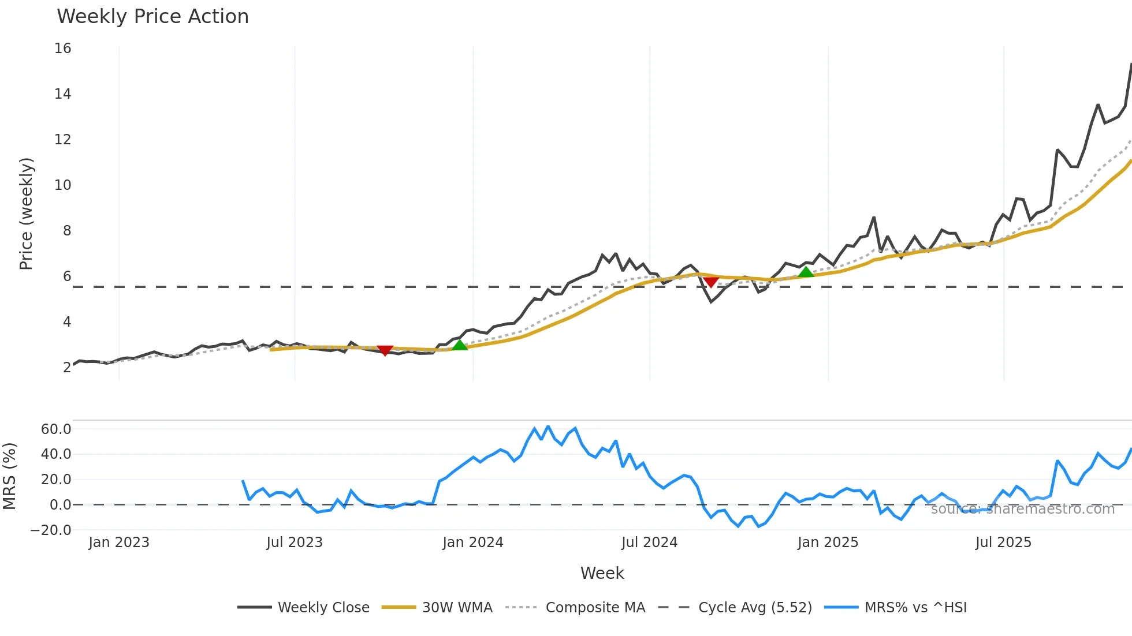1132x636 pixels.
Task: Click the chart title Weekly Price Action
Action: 152,17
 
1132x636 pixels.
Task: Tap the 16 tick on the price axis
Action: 63,48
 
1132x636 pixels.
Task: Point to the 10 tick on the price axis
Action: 63,185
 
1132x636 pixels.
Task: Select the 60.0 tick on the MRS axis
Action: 56,429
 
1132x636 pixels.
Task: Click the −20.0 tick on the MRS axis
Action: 51,530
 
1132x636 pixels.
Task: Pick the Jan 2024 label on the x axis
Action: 473,543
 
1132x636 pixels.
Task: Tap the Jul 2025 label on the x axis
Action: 1003,543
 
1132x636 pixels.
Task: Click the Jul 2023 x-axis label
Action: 295,543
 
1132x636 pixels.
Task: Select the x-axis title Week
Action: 602,573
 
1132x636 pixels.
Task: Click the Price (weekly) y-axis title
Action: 27,214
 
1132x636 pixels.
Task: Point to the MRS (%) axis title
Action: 9,476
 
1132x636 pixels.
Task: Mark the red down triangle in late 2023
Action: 385,350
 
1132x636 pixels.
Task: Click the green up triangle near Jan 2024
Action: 459,345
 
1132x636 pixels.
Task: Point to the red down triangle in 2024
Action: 711,282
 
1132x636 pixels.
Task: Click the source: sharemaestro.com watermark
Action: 1022,509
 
